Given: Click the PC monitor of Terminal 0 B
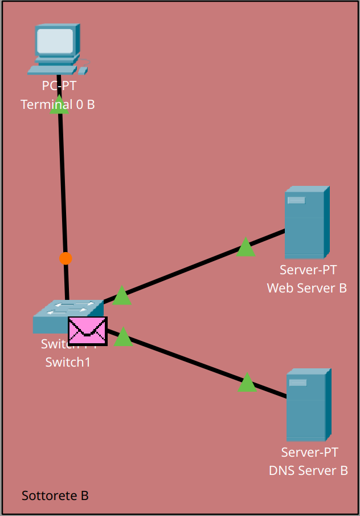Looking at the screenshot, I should pyautogui.click(x=55, y=41).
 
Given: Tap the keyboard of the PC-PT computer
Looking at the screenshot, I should pyautogui.click(x=52, y=70).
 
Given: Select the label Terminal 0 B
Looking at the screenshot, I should pyautogui.click(x=58, y=104).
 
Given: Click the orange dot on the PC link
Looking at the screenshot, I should pyautogui.click(x=66, y=258).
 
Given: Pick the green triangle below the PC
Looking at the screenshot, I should pyautogui.click(x=59, y=106).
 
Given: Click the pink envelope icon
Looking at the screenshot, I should pyautogui.click(x=88, y=331).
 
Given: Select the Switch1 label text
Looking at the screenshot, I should pyautogui.click(x=68, y=361).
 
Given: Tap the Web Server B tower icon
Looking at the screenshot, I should pyautogui.click(x=306, y=224).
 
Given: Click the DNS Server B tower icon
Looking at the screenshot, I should pyautogui.click(x=308, y=405).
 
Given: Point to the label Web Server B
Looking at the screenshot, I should pyautogui.click(x=306, y=287).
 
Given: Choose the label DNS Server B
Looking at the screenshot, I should pyautogui.click(x=308, y=470).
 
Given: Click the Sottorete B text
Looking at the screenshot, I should pyautogui.click(x=55, y=495).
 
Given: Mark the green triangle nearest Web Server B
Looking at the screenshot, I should pyautogui.click(x=246, y=247).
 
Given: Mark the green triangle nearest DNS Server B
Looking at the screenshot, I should pyautogui.click(x=247, y=383).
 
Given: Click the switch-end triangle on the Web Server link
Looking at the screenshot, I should pyautogui.click(x=122, y=296).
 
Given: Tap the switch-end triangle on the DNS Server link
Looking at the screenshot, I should pyautogui.click(x=123, y=338).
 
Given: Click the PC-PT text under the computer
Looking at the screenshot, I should pyautogui.click(x=59, y=86).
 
